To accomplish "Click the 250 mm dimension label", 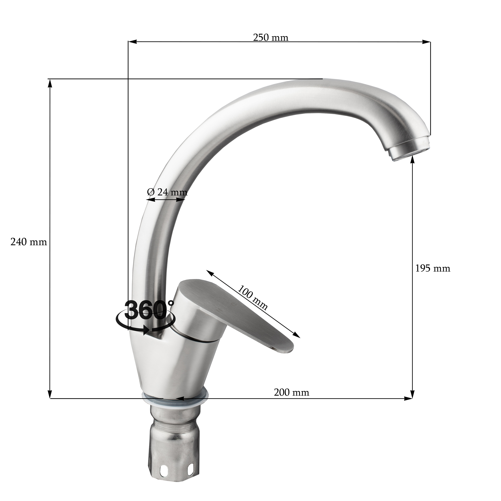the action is pos(271,38).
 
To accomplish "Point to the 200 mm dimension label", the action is pos(291,392).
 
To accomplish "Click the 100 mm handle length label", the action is pos(253,298).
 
